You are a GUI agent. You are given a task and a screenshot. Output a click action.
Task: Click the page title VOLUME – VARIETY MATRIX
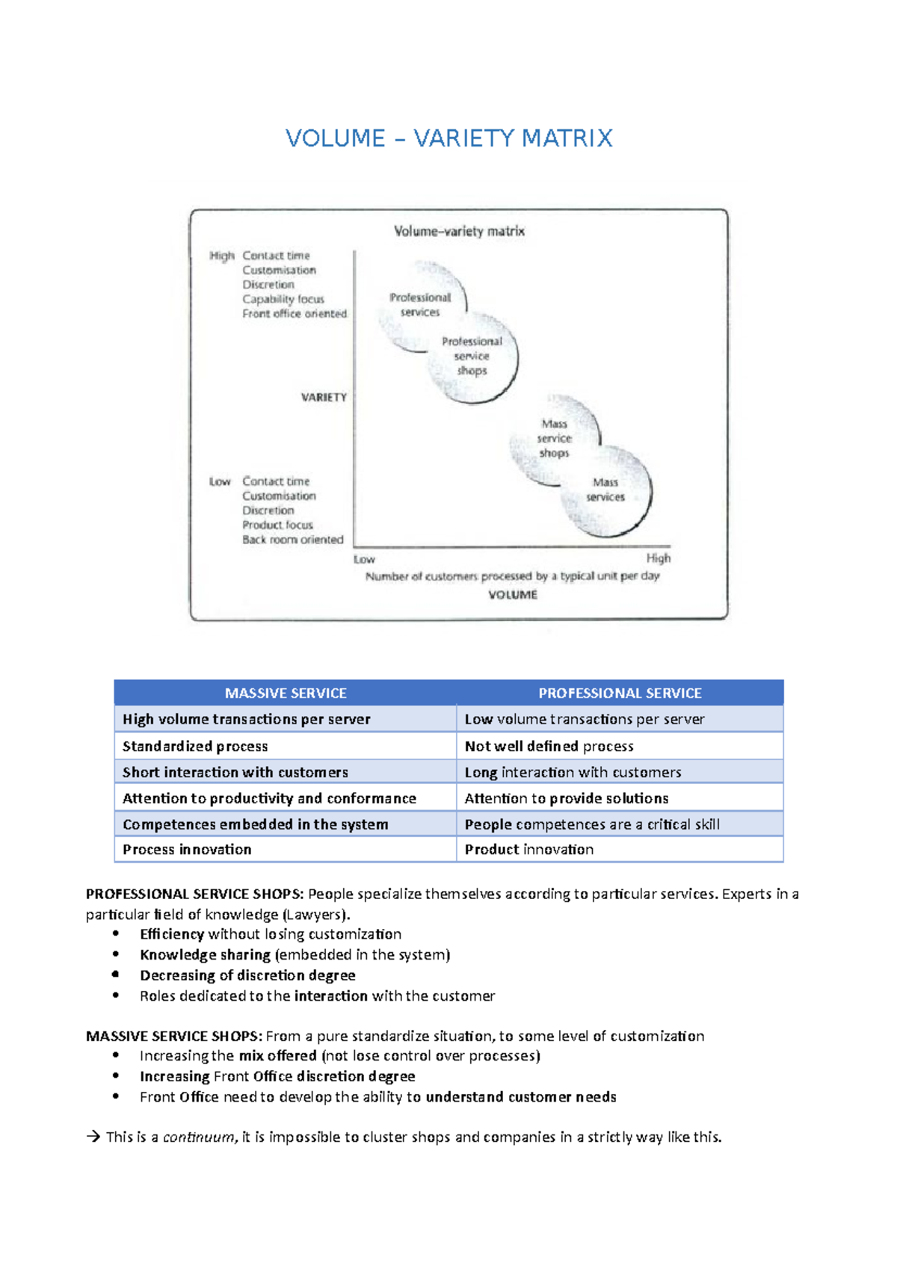[449, 138]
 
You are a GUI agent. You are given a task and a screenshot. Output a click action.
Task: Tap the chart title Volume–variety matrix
[459, 232]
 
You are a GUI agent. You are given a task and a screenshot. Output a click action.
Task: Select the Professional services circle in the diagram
[421, 305]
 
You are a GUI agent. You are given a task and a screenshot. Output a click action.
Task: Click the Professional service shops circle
[472, 357]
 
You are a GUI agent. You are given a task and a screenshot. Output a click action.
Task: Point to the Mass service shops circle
[554, 439]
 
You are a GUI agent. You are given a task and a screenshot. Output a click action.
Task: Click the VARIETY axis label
[324, 398]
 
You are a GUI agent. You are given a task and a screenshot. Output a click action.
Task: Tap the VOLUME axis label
[513, 595]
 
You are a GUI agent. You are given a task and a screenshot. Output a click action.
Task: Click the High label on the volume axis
[659, 558]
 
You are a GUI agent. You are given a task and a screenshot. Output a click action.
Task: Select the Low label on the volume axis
[364, 559]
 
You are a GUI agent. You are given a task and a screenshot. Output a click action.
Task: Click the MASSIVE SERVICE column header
[286, 694]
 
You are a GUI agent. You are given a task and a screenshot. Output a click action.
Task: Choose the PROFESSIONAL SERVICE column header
[620, 694]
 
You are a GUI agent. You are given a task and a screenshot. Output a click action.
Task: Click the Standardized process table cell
[195, 746]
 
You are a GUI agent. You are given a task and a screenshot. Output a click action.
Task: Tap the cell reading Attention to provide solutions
[567, 798]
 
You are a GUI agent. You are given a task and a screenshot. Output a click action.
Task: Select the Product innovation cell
[529, 850]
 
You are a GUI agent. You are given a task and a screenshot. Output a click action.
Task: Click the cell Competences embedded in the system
[256, 824]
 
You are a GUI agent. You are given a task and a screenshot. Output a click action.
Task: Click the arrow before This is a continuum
[93, 1137]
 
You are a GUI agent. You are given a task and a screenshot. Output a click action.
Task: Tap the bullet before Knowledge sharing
[116, 954]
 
